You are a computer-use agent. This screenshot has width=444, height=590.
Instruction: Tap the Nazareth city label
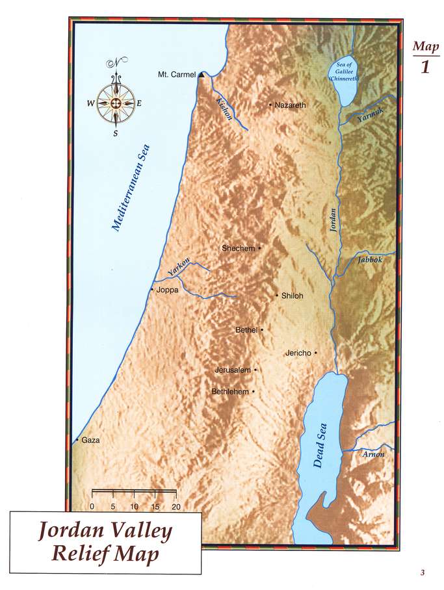[x=290, y=105]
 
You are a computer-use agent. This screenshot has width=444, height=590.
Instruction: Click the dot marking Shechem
[x=259, y=248]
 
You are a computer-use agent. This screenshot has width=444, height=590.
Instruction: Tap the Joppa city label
[x=168, y=290]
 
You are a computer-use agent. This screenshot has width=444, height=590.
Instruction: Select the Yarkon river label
[x=179, y=265]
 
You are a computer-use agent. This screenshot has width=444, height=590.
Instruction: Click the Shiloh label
[x=293, y=296]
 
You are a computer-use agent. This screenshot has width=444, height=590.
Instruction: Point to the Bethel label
[x=246, y=330]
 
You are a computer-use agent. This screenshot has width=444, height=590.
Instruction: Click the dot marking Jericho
[x=315, y=353]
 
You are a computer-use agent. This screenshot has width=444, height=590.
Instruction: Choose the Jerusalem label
[x=233, y=370]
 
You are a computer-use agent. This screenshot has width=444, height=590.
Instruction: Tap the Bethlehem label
[x=231, y=392]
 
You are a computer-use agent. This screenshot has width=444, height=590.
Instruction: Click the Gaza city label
[x=91, y=440]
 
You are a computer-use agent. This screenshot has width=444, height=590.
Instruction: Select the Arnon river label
[x=374, y=454]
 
